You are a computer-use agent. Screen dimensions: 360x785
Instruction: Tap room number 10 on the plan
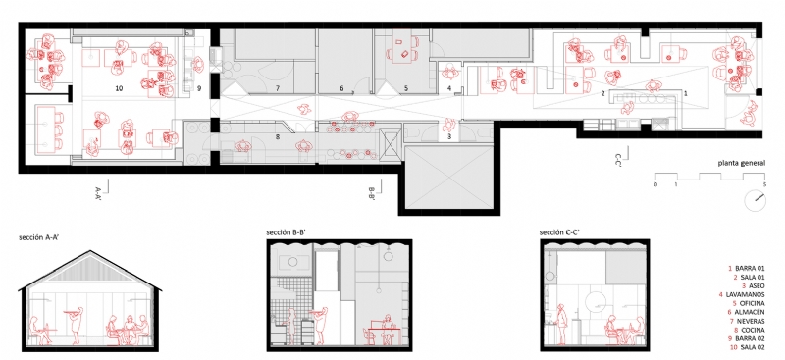[118, 88]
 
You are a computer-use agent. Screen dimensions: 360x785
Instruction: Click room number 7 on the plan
[278, 88]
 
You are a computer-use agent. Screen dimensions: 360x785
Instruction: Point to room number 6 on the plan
[341, 88]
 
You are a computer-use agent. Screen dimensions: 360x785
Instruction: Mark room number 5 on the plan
[405, 88]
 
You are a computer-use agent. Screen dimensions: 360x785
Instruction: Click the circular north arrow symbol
[755, 200]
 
